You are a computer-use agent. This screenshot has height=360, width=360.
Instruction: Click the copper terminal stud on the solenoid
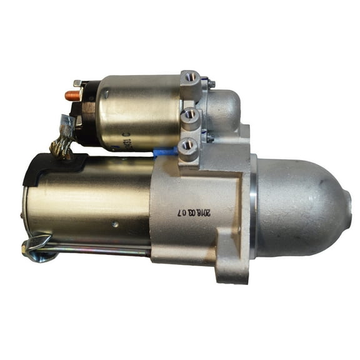pyautogui.click(x=71, y=96)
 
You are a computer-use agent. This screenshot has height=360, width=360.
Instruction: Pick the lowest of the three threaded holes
pyautogui.click(x=187, y=146)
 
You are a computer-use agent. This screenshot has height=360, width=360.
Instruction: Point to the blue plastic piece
pyautogui.click(x=164, y=152)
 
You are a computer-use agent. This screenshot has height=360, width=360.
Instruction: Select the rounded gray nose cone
pyautogui.click(x=300, y=207)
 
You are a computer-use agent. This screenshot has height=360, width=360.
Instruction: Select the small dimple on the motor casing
pyautogui.click(x=115, y=224)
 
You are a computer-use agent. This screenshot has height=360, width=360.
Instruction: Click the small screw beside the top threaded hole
pyautogui.click(x=211, y=83)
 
